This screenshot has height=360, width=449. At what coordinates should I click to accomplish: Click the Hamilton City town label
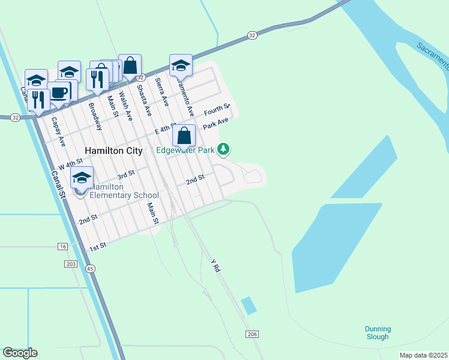tap(113, 151)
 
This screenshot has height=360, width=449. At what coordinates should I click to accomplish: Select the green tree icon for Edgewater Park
tap(223, 148)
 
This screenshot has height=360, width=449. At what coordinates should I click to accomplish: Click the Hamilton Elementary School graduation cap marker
tap(82, 178)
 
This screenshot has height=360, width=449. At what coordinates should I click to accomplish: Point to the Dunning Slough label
tap(378, 333)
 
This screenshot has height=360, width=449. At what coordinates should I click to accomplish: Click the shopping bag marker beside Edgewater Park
tap(184, 136)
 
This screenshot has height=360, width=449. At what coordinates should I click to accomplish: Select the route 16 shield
tap(62, 247)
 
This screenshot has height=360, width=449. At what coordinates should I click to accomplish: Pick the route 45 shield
tap(89, 268)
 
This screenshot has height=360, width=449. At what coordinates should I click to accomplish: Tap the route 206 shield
tap(252, 334)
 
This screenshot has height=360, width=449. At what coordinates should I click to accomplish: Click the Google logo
tap(20, 353)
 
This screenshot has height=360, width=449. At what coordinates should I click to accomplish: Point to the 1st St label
tap(98, 246)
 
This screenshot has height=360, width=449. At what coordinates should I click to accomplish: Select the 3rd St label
tap(125, 175)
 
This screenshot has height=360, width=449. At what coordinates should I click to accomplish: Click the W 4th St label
tap(70, 164)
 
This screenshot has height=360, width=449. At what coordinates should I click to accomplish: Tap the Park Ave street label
tap(216, 125)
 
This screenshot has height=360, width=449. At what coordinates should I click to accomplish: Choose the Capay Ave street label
tap(58, 131)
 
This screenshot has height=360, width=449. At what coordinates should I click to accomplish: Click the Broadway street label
tap(95, 116)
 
